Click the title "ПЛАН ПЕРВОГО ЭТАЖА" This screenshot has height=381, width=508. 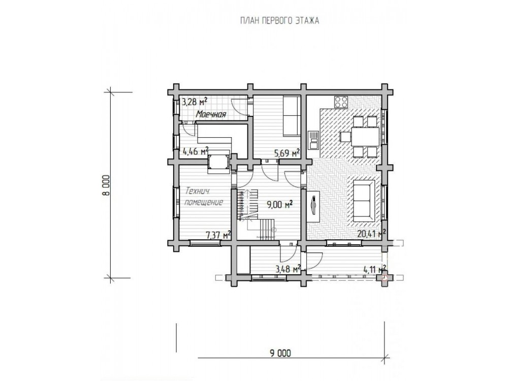click(279, 21)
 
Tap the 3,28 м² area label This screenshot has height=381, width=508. click(194, 102)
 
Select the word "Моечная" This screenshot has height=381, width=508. click(211, 114)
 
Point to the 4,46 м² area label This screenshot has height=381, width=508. click(196, 151)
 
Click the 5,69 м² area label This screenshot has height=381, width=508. click(287, 153)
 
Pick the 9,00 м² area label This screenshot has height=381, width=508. click(280, 204)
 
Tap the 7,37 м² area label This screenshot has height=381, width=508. click(218, 235)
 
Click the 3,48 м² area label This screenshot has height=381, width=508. click(288, 269)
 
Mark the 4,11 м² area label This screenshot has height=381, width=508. click(375, 269)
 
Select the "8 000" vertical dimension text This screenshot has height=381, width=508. click(107, 185)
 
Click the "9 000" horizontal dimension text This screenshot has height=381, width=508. click(280, 353)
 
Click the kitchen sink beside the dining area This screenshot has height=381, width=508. click(313, 140)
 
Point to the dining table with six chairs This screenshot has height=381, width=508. click(359, 137)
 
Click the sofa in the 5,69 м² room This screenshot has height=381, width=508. click(292, 116)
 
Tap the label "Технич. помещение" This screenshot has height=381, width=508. click(204, 197)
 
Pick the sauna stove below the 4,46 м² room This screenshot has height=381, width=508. click(219, 162)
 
